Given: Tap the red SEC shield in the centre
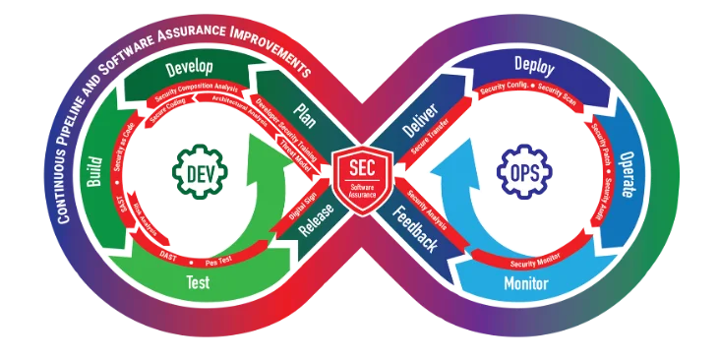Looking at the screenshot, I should click(360, 173).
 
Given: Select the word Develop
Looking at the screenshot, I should click(190, 69).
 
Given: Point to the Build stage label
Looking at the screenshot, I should click(95, 173).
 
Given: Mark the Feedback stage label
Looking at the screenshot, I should click(419, 229).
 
